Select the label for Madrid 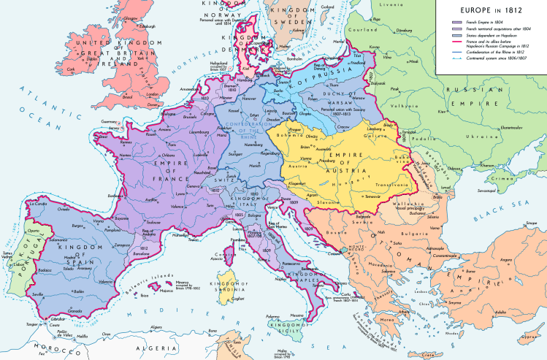tap(73, 259)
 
